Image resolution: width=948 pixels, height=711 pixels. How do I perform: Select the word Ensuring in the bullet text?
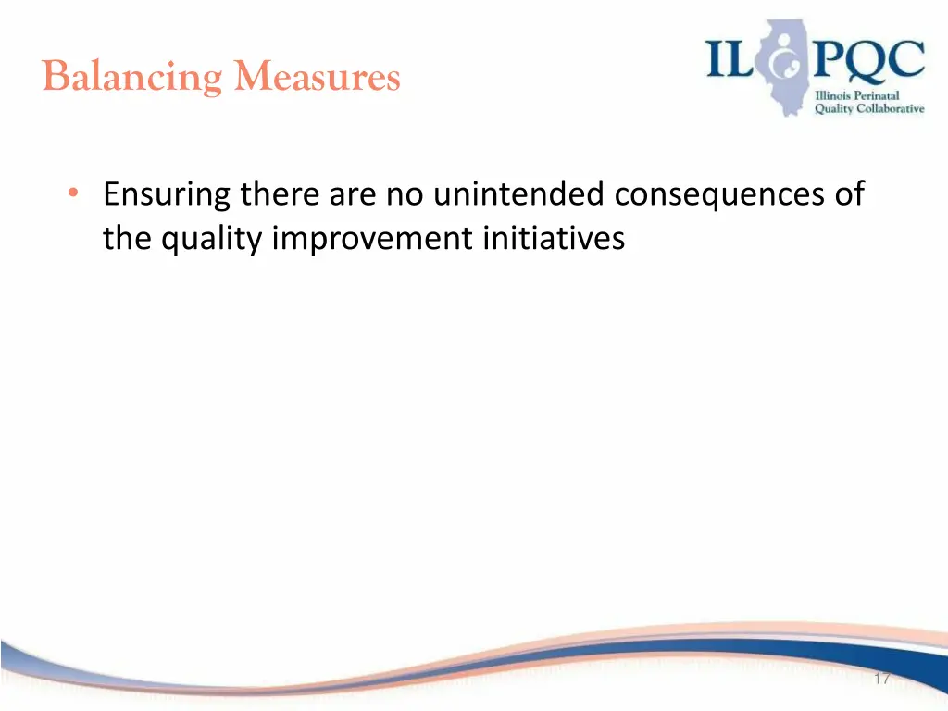(x=168, y=196)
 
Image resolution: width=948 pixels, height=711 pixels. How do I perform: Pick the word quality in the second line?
(x=212, y=240)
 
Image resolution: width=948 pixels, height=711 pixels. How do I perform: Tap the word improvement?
(x=373, y=240)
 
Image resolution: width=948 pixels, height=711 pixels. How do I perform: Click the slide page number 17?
(x=880, y=680)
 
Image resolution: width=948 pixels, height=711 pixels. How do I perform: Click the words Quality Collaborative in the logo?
(x=868, y=108)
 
